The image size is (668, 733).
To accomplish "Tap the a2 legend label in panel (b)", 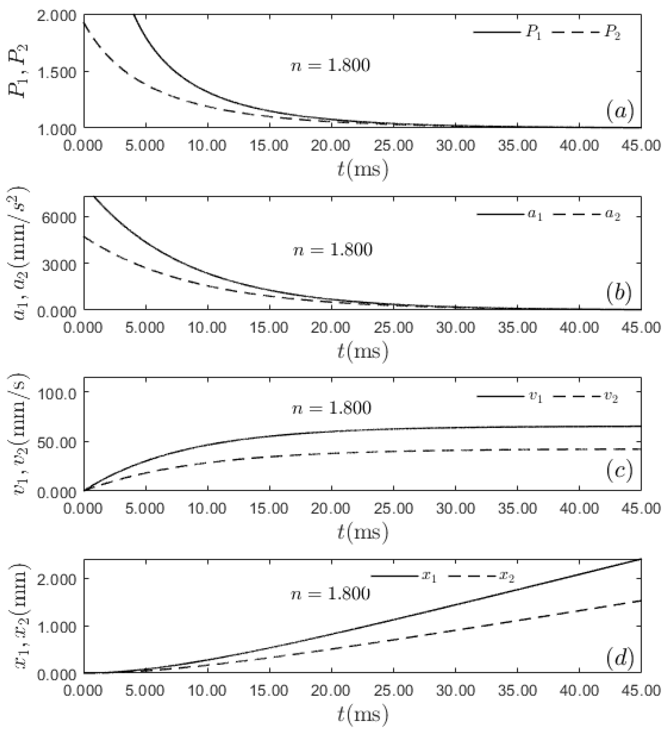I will click(612, 216).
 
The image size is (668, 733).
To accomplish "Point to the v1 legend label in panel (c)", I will click(535, 397).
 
